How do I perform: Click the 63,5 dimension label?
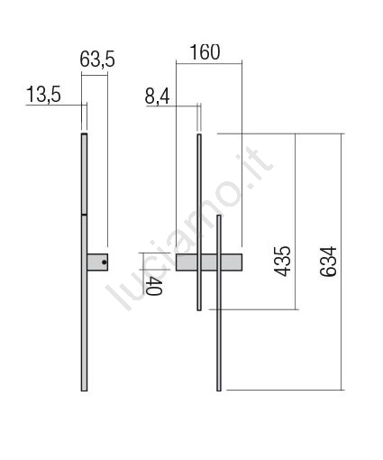[97, 60]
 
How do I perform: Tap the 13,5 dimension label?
[43, 95]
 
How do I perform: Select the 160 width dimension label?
[205, 52]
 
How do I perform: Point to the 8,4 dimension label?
[158, 97]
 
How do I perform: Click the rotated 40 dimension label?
[154, 286]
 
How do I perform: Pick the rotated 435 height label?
[283, 261]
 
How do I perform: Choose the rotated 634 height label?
[328, 262]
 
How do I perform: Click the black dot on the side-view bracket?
[104, 262]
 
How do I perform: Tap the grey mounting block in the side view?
[97, 262]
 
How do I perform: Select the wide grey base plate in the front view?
[209, 262]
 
